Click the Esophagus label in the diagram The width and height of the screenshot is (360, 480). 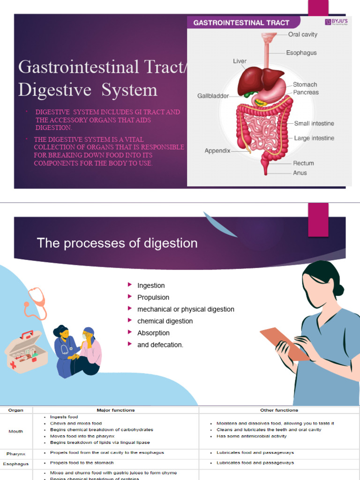click(x=301, y=53)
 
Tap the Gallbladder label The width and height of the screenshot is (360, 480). click(x=213, y=96)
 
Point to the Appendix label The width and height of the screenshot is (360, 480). click(x=217, y=151)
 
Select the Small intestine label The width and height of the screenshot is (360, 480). click(x=314, y=124)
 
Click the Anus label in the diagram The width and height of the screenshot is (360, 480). click(x=300, y=173)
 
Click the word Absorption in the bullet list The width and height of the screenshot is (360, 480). click(x=153, y=333)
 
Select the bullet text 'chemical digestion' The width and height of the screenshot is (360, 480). click(x=165, y=321)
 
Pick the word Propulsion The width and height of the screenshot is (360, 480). click(x=153, y=298)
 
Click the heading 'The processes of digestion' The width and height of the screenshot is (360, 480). click(x=117, y=243)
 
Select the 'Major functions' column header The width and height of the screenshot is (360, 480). click(x=116, y=410)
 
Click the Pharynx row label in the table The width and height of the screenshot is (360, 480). click(x=15, y=454)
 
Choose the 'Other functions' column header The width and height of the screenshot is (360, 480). click(x=279, y=410)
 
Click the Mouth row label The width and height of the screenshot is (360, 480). click(x=15, y=431)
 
